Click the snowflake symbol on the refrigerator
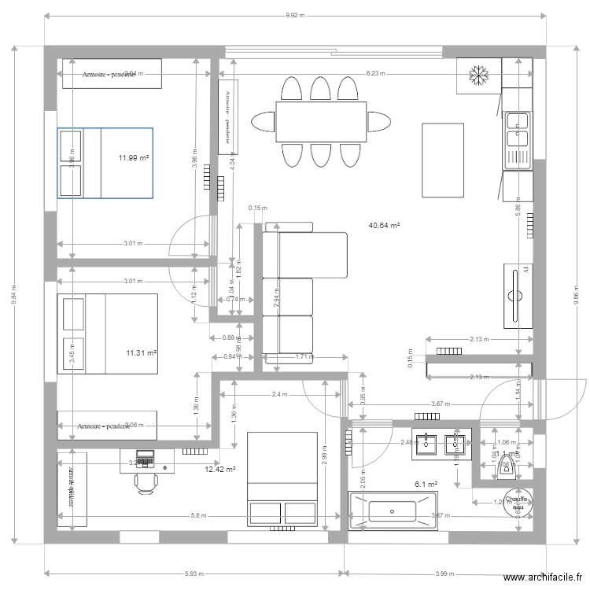tap(476, 76)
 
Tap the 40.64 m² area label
tap(384, 225)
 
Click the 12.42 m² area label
tap(220, 470)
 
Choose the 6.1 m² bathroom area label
tap(426, 485)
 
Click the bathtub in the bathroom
tap(393, 511)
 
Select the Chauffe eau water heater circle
tap(517, 503)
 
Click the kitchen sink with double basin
tap(518, 130)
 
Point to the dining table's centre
tap(320, 122)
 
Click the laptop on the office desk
tap(146, 458)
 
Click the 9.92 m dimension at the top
tap(294, 15)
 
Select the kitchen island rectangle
tap(437, 160)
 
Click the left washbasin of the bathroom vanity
tap(426, 442)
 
